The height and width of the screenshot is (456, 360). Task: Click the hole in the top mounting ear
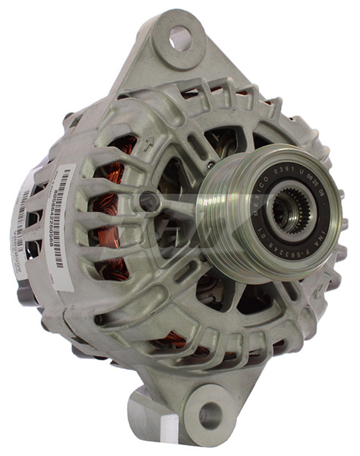coord(179,35)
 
